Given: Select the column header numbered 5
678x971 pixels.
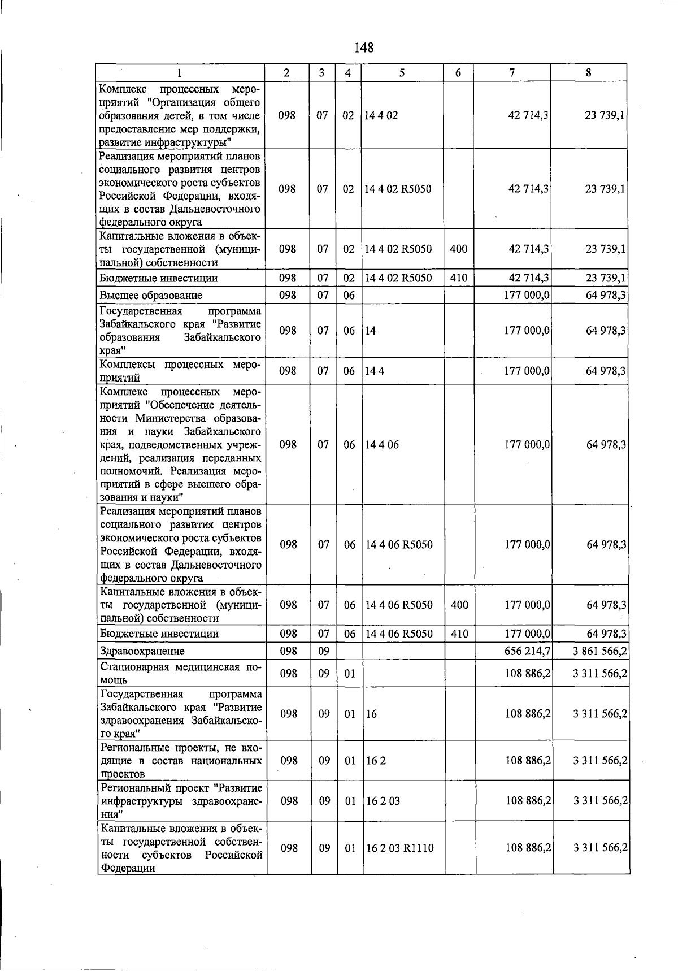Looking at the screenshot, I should click(x=402, y=73).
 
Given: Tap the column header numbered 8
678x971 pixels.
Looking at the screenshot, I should click(x=589, y=73).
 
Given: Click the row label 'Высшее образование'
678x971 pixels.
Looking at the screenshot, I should click(x=151, y=295).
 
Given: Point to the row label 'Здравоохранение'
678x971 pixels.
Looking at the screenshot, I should click(x=142, y=651).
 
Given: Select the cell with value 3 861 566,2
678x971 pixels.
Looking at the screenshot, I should click(x=599, y=651).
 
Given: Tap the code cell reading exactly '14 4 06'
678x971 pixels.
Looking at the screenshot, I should click(x=383, y=444).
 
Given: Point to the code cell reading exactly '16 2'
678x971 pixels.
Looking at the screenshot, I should click(x=376, y=761).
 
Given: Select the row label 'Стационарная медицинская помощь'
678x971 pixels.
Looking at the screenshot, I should click(x=181, y=674).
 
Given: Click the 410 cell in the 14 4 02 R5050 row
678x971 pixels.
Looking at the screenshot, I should click(x=458, y=278).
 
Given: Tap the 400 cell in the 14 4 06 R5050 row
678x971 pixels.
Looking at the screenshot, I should click(x=460, y=605).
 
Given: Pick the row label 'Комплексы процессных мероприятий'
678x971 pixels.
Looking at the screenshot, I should click(x=181, y=371).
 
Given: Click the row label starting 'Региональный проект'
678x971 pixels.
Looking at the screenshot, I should click(x=181, y=801).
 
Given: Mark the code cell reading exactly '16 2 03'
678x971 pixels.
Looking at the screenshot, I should click(x=384, y=801).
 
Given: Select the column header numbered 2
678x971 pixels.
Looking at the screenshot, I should click(x=287, y=73).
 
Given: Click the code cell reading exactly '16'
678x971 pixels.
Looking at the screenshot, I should click(x=371, y=714).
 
